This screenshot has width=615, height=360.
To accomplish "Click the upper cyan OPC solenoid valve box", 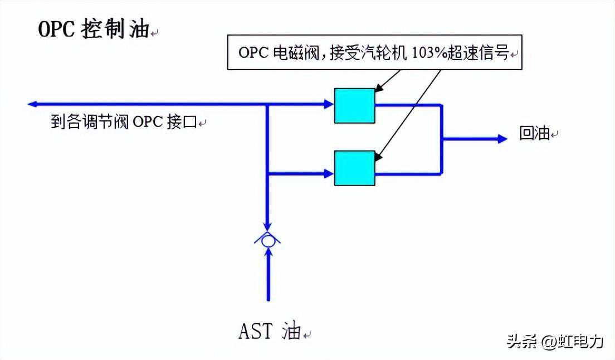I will (354, 105).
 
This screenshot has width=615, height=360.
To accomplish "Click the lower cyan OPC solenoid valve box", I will (354, 168).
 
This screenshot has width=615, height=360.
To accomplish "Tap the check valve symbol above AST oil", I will (268, 240).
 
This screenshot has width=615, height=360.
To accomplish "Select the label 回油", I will (535, 134).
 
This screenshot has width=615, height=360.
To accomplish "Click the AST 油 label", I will (270, 331).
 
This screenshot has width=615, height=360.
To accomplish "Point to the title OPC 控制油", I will (94, 30).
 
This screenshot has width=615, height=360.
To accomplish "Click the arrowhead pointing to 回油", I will (502, 138).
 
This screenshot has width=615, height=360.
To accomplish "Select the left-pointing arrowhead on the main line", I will (32, 104).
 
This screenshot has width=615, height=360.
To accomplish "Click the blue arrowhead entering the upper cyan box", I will (329, 104).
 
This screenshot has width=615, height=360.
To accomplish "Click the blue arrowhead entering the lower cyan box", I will (329, 174).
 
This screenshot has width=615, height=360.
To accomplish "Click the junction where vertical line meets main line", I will (268, 104).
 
